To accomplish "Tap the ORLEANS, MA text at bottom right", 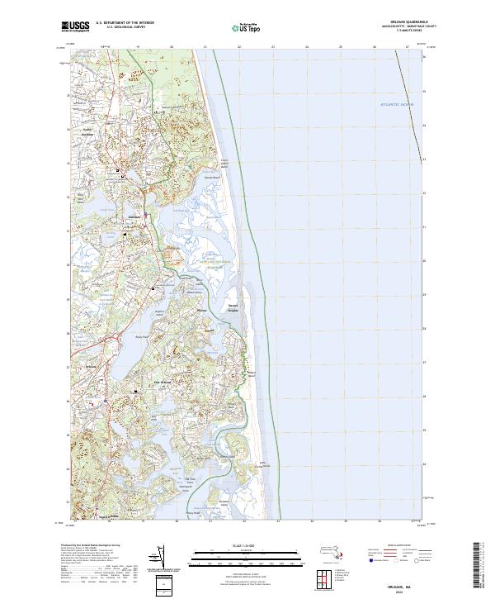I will coord(417,584).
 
